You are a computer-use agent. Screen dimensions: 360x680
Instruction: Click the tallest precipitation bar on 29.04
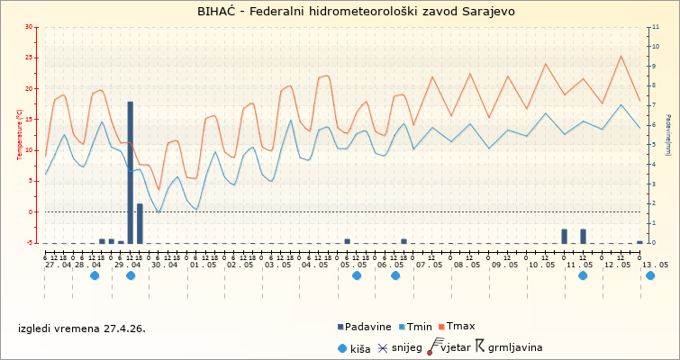tap(131, 171)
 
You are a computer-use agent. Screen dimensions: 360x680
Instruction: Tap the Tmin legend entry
tap(420, 326)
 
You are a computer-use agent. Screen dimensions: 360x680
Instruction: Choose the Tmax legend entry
tap(460, 326)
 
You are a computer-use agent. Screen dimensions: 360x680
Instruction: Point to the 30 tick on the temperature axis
tap(30, 27)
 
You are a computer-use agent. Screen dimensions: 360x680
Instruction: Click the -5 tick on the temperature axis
tap(32, 243)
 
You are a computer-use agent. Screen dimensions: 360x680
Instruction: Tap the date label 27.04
tap(58, 265)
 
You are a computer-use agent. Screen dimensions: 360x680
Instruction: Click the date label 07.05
tap(429, 265)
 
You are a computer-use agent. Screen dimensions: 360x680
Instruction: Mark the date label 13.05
tap(655, 265)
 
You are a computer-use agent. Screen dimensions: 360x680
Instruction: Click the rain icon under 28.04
tap(95, 275)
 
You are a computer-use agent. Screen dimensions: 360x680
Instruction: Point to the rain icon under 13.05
tap(650, 275)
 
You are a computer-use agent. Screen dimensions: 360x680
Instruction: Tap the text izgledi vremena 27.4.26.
tap(81, 328)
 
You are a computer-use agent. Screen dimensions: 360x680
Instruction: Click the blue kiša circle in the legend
tap(341, 346)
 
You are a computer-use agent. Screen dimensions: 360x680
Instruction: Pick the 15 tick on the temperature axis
tap(30, 120)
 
